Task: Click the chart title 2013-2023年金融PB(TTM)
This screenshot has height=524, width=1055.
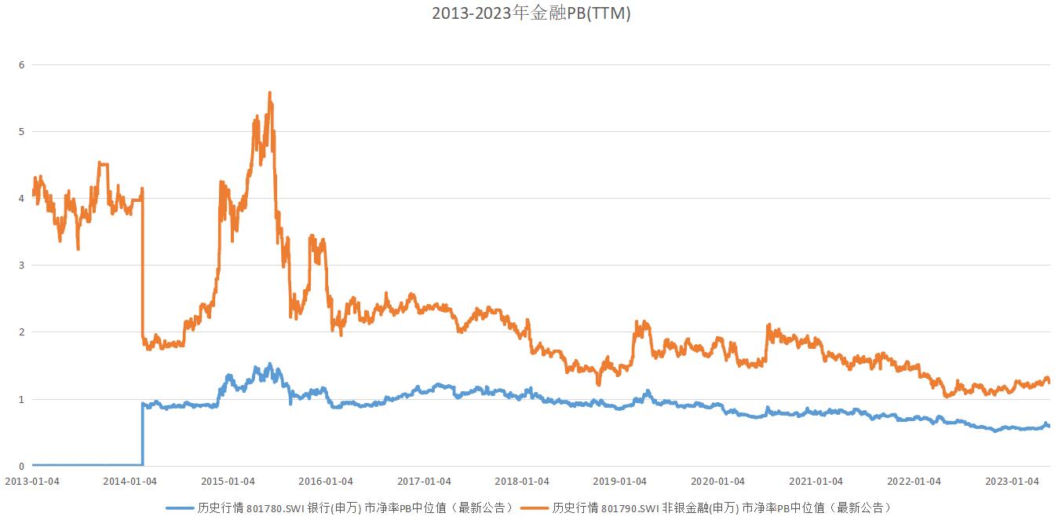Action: [531, 13]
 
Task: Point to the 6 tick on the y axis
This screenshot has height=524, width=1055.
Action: [21, 64]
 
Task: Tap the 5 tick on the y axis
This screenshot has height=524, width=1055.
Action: [21, 131]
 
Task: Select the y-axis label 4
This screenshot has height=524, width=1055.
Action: [21, 198]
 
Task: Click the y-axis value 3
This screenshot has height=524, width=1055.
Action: [21, 266]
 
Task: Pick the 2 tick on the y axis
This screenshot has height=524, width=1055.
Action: [21, 332]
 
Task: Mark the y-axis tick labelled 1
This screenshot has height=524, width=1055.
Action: [21, 399]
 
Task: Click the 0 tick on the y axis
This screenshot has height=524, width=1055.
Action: [21, 466]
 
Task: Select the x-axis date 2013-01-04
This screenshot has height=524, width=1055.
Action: [32, 481]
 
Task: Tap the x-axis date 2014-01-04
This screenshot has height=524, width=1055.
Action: [130, 481]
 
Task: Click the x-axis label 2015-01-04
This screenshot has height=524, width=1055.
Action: [228, 481]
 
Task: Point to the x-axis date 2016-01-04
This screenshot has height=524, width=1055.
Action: [327, 481]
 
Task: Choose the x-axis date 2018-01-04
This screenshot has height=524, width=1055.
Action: [523, 481]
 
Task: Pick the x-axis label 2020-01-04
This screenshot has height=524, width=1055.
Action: [718, 481]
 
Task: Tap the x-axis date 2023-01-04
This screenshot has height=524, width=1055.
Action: [1013, 481]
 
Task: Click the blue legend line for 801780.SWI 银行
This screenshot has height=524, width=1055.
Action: [180, 508]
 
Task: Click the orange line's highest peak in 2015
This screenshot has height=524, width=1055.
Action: [270, 93]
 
